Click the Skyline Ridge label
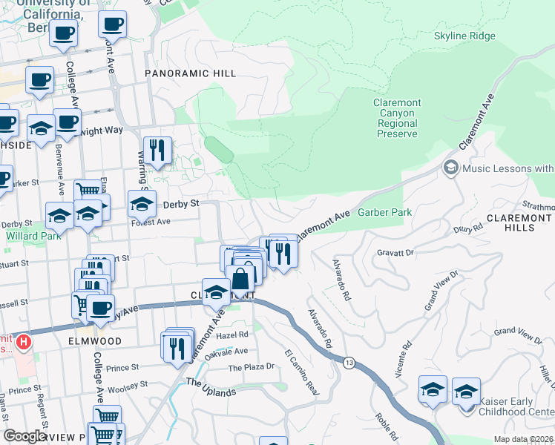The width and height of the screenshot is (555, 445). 464,36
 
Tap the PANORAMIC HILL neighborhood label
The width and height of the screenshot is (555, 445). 190,73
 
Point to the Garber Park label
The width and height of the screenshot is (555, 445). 384,212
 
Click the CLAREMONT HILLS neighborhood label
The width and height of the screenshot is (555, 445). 520,222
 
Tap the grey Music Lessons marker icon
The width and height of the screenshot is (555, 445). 450,168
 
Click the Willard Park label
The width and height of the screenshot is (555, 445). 27,236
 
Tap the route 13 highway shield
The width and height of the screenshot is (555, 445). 348,361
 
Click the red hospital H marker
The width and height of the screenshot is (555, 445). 24,342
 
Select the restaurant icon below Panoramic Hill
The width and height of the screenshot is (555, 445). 157,151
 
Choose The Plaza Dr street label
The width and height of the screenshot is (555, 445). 251,367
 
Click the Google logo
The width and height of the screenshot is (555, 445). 24,436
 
